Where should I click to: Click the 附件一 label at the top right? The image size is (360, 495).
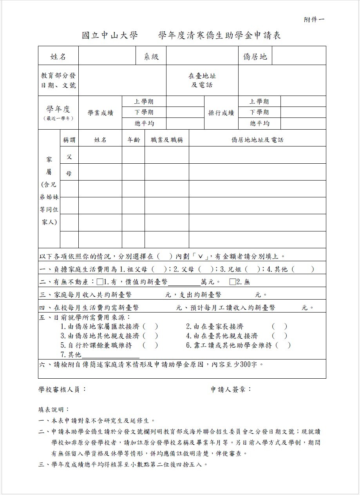pyautogui.click(x=314, y=19)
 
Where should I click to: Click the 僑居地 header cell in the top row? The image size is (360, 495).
pyautogui.click(x=255, y=56)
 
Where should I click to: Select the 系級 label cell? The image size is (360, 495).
pyautogui.click(x=151, y=56)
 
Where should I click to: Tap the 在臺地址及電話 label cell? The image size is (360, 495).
pyautogui.click(x=202, y=81)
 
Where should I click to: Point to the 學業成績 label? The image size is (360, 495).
pyautogui.click(x=100, y=113)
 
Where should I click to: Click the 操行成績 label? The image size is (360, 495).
pyautogui.click(x=221, y=113)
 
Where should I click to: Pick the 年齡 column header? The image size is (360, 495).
pyautogui.click(x=134, y=140)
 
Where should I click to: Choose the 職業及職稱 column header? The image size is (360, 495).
pyautogui.click(x=166, y=140)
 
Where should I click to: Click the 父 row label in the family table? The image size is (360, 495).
pyautogui.click(x=69, y=157)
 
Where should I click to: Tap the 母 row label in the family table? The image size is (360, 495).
pyautogui.click(x=69, y=173)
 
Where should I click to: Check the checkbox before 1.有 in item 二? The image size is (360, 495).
pyautogui.click(x=99, y=282)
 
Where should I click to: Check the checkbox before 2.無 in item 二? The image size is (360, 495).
pyautogui.click(x=232, y=282)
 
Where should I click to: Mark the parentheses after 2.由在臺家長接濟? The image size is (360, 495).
pyautogui.click(x=279, y=326)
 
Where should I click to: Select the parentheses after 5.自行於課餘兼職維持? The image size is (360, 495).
pyautogui.click(x=150, y=345)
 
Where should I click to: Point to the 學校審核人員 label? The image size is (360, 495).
pyautogui.click(x=62, y=389)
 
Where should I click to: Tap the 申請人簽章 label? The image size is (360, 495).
pyautogui.click(x=231, y=389)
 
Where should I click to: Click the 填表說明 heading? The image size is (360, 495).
pyautogui.click(x=54, y=409)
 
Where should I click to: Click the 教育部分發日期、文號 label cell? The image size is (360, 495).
pyautogui.click(x=58, y=81)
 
